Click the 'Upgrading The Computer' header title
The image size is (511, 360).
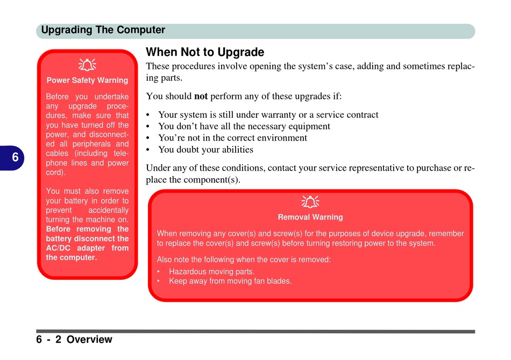[x=103, y=30]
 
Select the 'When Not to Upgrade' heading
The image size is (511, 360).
[x=205, y=52]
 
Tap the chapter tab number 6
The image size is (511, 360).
[x=15, y=158]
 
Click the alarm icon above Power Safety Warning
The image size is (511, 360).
[x=87, y=65]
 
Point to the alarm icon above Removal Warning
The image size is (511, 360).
[x=310, y=201]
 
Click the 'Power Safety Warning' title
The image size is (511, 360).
[x=87, y=80]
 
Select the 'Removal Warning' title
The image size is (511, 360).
[x=310, y=217]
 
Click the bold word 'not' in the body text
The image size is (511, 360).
[x=201, y=96]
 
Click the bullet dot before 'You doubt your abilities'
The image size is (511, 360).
[x=148, y=150]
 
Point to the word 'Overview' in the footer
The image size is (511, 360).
[x=89, y=340]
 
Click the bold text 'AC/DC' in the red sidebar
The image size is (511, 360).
[x=58, y=248]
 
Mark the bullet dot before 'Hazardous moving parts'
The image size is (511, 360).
[x=158, y=272]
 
